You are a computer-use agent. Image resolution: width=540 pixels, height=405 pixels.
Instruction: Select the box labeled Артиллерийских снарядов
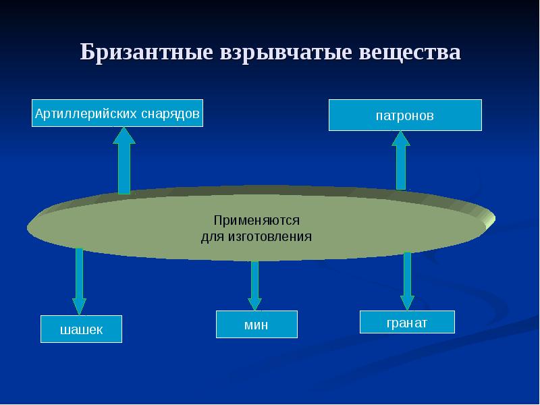(117, 113)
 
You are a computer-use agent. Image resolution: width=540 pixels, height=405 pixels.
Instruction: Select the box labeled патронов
(405, 115)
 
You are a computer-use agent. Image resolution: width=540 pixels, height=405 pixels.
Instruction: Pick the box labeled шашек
(81, 329)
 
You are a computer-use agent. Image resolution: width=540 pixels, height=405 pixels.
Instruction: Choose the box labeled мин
(256, 325)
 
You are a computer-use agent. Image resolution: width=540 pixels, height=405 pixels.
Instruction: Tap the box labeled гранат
(407, 323)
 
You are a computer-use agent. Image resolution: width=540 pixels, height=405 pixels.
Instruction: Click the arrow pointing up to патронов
(401, 162)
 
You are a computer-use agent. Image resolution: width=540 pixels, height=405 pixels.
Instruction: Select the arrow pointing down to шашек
(79, 280)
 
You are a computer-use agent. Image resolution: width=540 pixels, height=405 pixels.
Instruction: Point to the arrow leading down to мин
(254, 283)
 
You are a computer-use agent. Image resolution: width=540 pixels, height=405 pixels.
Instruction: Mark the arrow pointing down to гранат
(407, 280)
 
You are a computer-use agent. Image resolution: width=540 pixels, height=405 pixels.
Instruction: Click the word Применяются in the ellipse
(256, 221)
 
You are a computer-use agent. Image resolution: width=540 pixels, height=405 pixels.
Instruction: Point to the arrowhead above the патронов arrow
(401, 138)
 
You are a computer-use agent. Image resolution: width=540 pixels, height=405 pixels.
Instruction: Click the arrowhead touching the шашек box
(79, 306)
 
